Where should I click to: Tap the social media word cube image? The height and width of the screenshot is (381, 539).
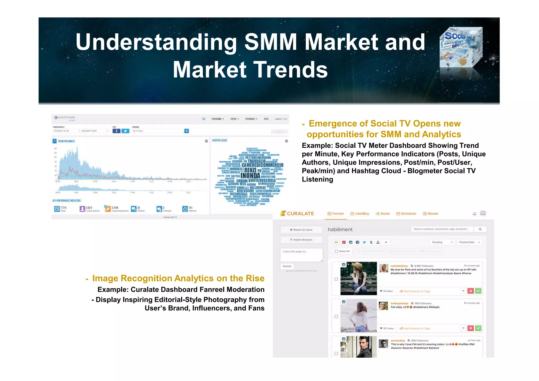tap(461, 47)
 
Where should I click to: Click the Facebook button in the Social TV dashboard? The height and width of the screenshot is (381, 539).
tap(116, 131)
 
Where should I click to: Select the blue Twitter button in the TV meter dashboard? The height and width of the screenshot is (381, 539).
tap(125, 131)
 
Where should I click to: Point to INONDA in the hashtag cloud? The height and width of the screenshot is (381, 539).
tap(250, 176)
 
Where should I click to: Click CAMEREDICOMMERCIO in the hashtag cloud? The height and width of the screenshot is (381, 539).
tap(262, 165)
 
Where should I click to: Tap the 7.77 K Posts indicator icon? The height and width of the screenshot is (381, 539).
tap(57, 209)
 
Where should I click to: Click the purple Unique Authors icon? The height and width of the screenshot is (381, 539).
tap(82, 209)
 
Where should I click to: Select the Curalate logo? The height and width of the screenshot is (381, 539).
tap(297, 213)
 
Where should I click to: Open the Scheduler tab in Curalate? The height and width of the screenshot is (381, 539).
tap(406, 214)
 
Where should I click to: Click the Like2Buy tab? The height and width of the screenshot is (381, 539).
tap(360, 214)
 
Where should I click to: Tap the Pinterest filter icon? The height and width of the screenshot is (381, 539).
tap(344, 242)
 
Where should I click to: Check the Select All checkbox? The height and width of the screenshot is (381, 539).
tap(336, 251)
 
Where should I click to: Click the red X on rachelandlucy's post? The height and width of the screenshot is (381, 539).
tap(471, 291)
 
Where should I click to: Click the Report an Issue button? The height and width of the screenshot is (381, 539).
tap(301, 230)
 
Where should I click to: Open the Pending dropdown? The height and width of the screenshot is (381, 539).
tap(442, 242)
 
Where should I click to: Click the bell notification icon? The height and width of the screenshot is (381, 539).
tap(475, 214)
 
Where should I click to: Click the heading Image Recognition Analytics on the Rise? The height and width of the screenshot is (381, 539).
tap(178, 278)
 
